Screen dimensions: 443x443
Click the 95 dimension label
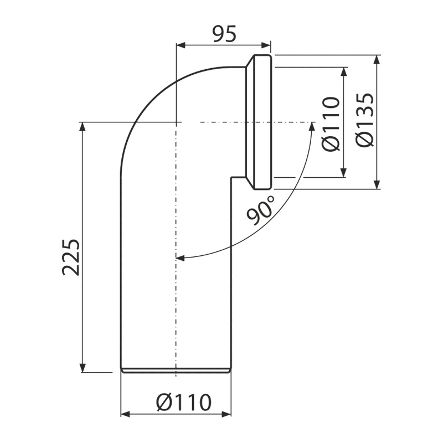pos(225,34)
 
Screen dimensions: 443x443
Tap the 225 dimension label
pos(71,257)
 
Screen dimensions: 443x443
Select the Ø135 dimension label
pos(365,120)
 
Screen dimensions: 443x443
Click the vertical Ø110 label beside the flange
pos(331,123)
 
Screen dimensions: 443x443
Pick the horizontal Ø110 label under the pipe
pos(184,403)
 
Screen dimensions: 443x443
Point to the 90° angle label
pos(260,210)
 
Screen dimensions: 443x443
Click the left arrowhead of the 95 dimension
pos(181,45)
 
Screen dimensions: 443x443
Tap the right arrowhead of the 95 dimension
pos(266,45)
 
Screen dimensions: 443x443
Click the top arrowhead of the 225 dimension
pos(82,127)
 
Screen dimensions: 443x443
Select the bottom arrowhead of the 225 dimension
pos(82,368)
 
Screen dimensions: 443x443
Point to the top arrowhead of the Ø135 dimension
pos(377,60)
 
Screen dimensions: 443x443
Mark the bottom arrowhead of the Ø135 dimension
pos(377,184)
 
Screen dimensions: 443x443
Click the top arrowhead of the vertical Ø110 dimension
pos(343,72)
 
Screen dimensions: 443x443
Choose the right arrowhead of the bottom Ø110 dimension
pos(226,414)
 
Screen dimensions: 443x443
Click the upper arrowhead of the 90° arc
pos(312,126)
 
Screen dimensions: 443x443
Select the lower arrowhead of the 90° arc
pos(181,257)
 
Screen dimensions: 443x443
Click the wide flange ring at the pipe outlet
pos(262,122)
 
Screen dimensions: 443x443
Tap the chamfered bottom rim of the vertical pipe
pos(176,370)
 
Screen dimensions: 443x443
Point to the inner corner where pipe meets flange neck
pos(231,177)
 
